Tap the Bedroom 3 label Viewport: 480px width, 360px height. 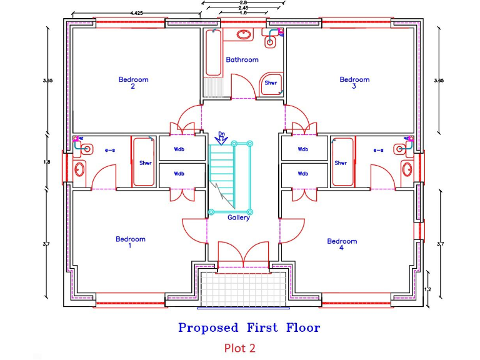pos(354,83)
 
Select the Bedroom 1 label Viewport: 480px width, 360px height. pos(131,242)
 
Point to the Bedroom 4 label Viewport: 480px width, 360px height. pos(342,244)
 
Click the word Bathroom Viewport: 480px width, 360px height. pos(242,60)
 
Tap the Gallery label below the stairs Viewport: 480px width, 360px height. pos(238,218)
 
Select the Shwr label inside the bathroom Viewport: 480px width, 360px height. pos(271,82)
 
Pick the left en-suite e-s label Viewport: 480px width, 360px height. pos(111,150)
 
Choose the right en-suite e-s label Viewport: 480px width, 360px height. pos(378,150)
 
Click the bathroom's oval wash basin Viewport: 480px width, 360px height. pos(243,34)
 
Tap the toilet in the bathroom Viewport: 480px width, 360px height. pos(271,42)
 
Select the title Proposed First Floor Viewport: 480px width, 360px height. pos(249,327)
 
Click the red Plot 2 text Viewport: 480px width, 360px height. pos(240,347)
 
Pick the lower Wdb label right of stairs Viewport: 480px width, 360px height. pos(303,174)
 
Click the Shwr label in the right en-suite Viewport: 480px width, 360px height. pos(341,163)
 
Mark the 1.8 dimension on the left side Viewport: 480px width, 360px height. pos(47,162)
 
